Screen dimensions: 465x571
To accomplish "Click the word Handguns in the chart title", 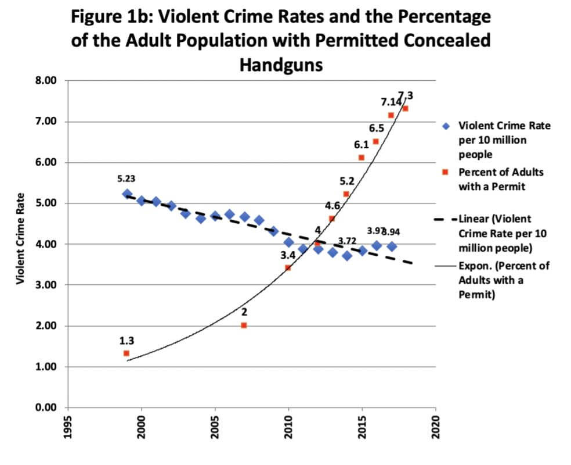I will (x=281, y=65).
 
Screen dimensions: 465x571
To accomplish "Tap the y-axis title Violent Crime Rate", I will (x=21, y=238).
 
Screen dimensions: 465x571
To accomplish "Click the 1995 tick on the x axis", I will (x=68, y=427).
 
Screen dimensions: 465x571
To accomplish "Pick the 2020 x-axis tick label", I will (x=436, y=427).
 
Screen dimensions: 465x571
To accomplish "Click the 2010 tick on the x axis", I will (x=289, y=427).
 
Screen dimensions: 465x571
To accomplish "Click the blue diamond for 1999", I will (x=127, y=194).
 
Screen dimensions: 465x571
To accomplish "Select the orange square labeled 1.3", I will (x=127, y=353).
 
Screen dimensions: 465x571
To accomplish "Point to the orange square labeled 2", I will (x=244, y=325).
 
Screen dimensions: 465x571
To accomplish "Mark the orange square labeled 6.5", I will (x=375, y=141).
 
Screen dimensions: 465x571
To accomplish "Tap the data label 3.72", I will (x=347, y=241).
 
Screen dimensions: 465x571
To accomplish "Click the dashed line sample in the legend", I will (x=445, y=220).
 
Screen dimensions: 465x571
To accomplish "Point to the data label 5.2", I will (x=346, y=181).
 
